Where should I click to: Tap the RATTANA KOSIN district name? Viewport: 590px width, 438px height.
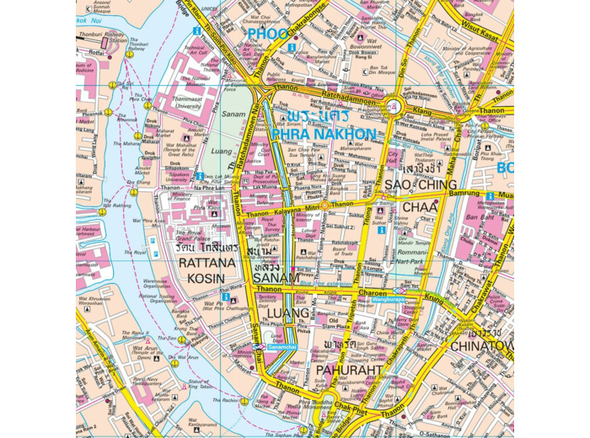(x=201, y=270)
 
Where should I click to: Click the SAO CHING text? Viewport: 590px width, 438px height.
(x=421, y=184)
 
